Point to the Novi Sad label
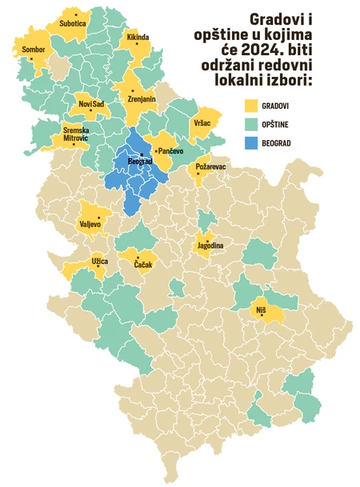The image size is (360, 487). click(x=90, y=105)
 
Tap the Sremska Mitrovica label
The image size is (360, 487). click(x=76, y=134)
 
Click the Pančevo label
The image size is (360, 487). click(x=171, y=151)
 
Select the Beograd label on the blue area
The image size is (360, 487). click(x=141, y=162)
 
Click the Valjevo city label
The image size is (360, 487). click(x=90, y=225)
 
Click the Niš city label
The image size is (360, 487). click(x=261, y=309)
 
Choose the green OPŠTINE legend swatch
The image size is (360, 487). click(x=252, y=124)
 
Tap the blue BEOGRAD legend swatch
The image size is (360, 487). click(x=252, y=142)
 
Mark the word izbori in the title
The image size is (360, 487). click(x=287, y=79)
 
